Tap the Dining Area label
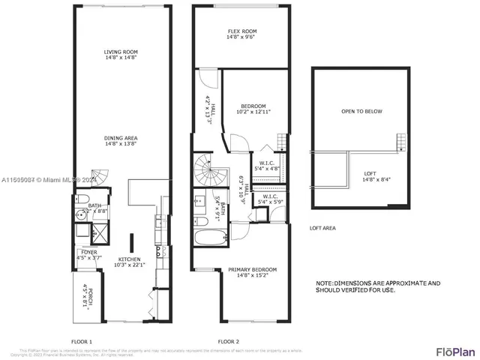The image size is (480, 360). click(x=120, y=141)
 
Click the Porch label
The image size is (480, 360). click(x=83, y=294)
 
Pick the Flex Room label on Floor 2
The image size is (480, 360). click(x=241, y=34)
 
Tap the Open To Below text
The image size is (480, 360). click(x=361, y=112)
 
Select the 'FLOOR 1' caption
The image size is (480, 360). click(x=81, y=341)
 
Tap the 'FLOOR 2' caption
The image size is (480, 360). click(x=228, y=341)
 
